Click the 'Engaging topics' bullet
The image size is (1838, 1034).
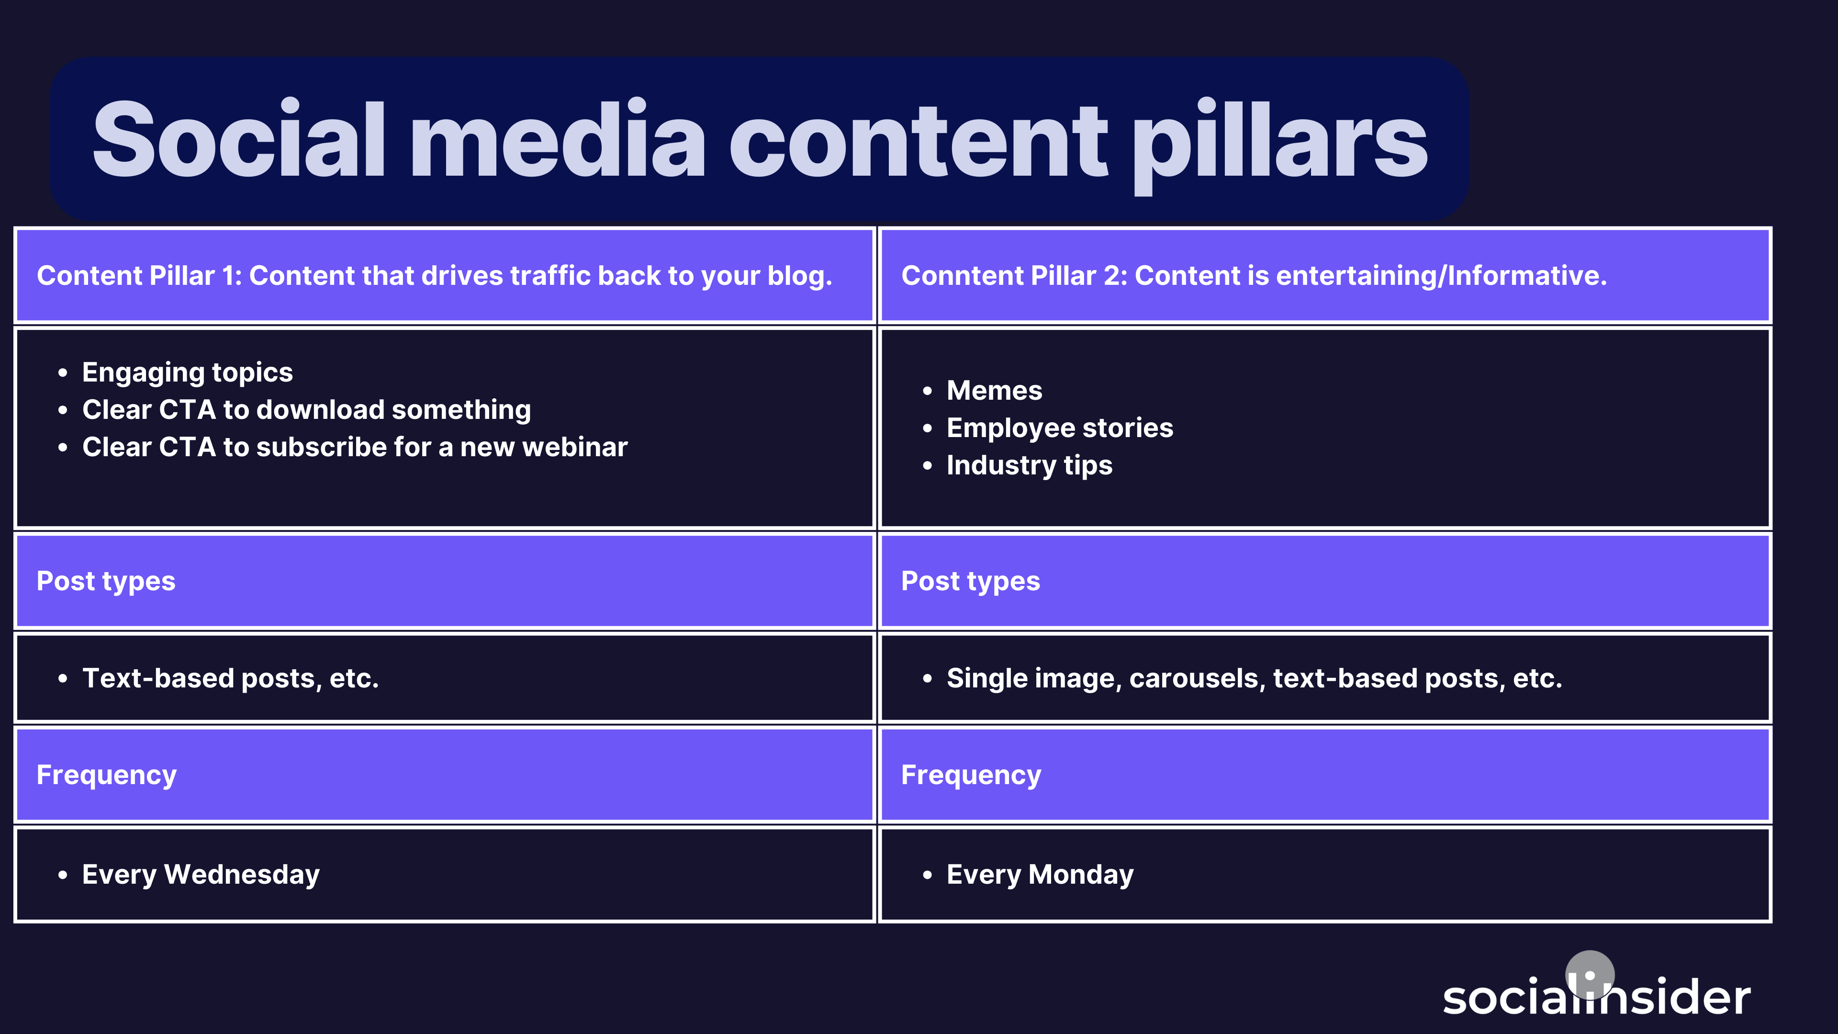pos(187,372)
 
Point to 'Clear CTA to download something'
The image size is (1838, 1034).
pos(306,410)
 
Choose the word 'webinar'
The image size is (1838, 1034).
pos(574,447)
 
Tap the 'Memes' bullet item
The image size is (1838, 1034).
pos(994,390)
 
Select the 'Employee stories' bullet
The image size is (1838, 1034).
pos(1060,427)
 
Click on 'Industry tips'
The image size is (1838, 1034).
pos(1029,465)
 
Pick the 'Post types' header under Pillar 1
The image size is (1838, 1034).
pos(106,581)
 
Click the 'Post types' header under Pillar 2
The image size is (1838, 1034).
pos(970,581)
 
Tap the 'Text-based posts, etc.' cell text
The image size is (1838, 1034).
pos(230,678)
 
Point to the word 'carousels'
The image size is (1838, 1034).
pos(1197,678)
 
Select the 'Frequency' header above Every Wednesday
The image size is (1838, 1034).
pos(106,775)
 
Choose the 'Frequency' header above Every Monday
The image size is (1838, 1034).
pos(971,775)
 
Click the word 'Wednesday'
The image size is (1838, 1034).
pos(241,874)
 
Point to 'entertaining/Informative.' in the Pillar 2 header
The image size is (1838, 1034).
pos(1441,275)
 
